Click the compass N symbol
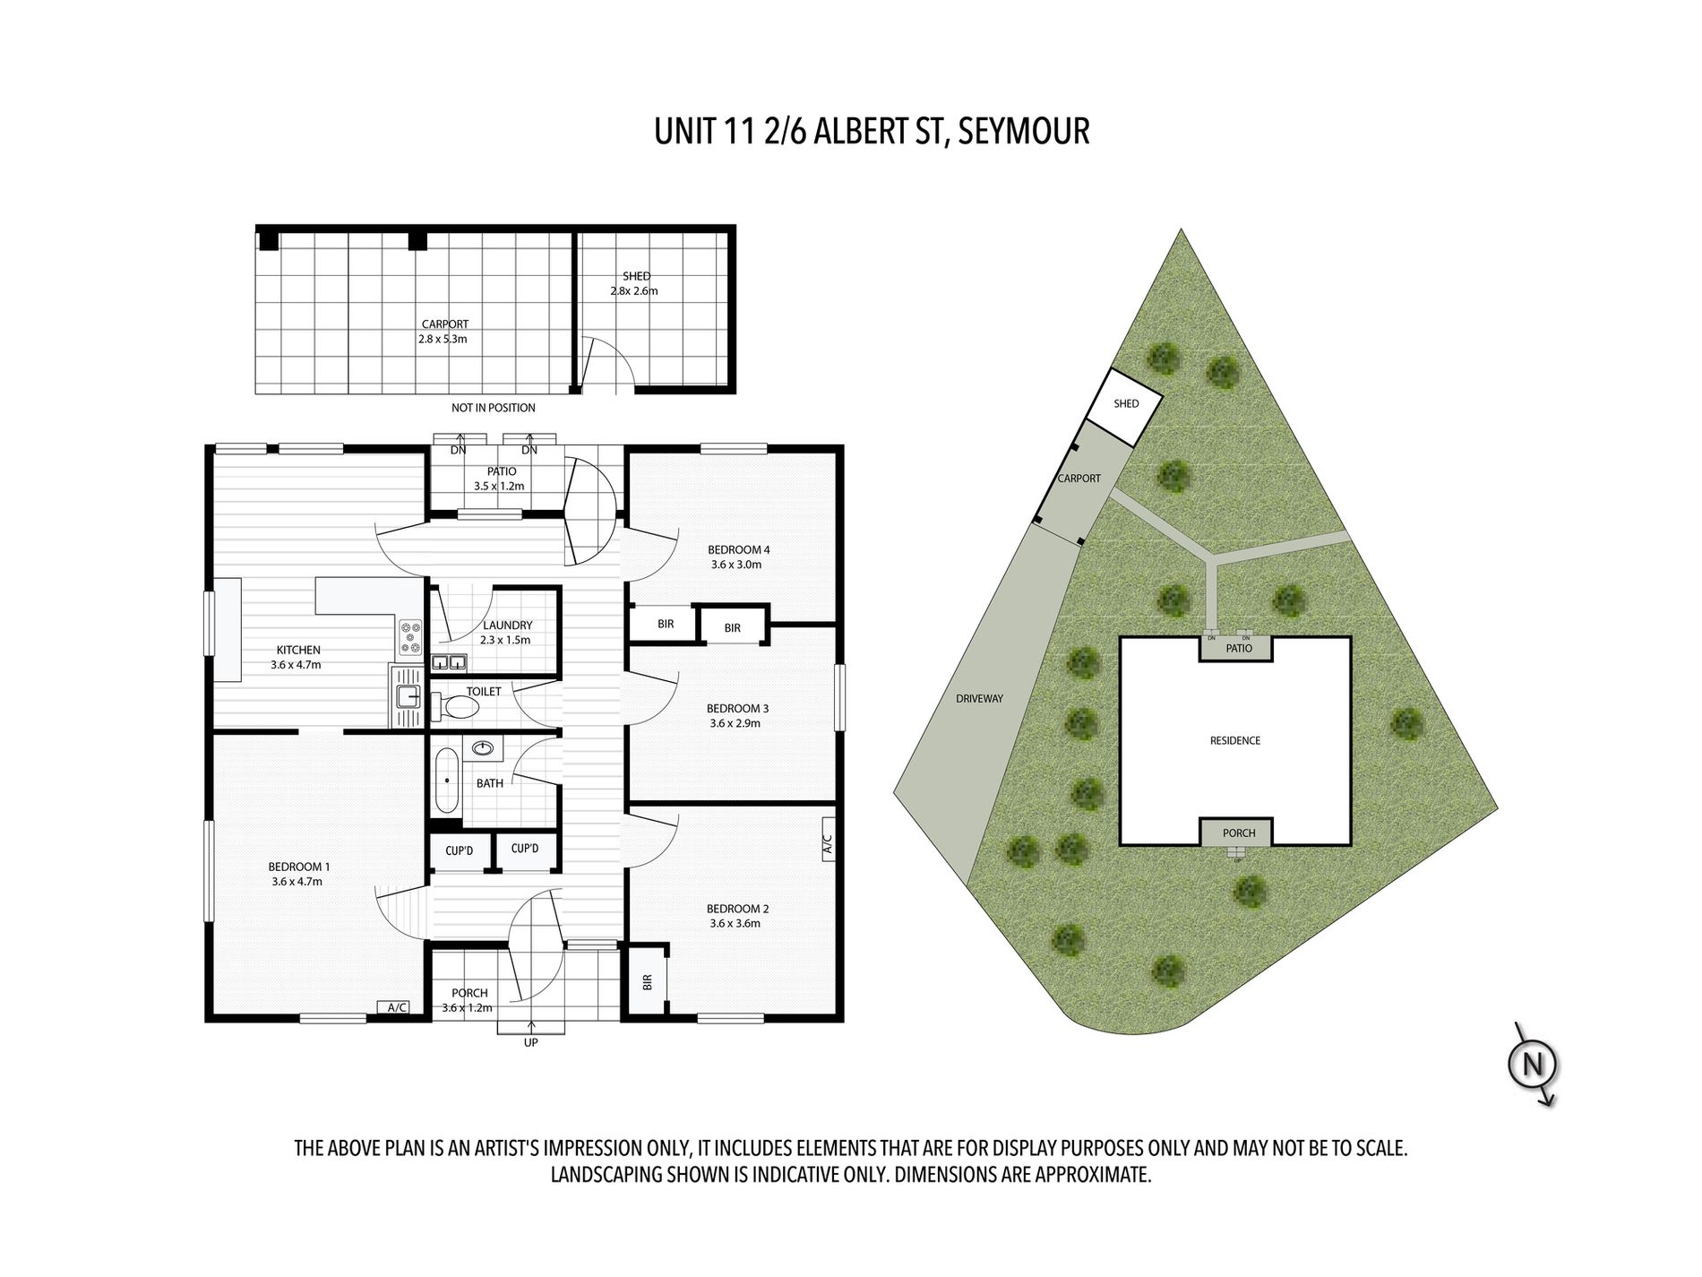pyautogui.click(x=1533, y=1065)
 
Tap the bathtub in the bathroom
pyautogui.click(x=446, y=781)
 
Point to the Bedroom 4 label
pyautogui.click(x=739, y=550)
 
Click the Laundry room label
pyautogui.click(x=508, y=626)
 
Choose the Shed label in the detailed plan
pyautogui.click(x=637, y=276)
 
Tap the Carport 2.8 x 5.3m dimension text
pyautogui.click(x=443, y=340)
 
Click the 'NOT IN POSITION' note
pyautogui.click(x=494, y=408)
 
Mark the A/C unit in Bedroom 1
pyautogui.click(x=396, y=1007)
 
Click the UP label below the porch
pyautogui.click(x=531, y=1043)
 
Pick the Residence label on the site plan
pyautogui.click(x=1235, y=740)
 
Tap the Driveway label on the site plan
pyautogui.click(x=979, y=698)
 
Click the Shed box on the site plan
pyautogui.click(x=1125, y=407)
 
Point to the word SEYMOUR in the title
pyautogui.click(x=1024, y=131)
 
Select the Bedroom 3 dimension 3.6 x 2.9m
pyautogui.click(x=735, y=723)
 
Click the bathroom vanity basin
pyautogui.click(x=484, y=747)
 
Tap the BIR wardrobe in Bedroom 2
pyautogui.click(x=647, y=981)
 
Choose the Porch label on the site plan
pyautogui.click(x=1239, y=833)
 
